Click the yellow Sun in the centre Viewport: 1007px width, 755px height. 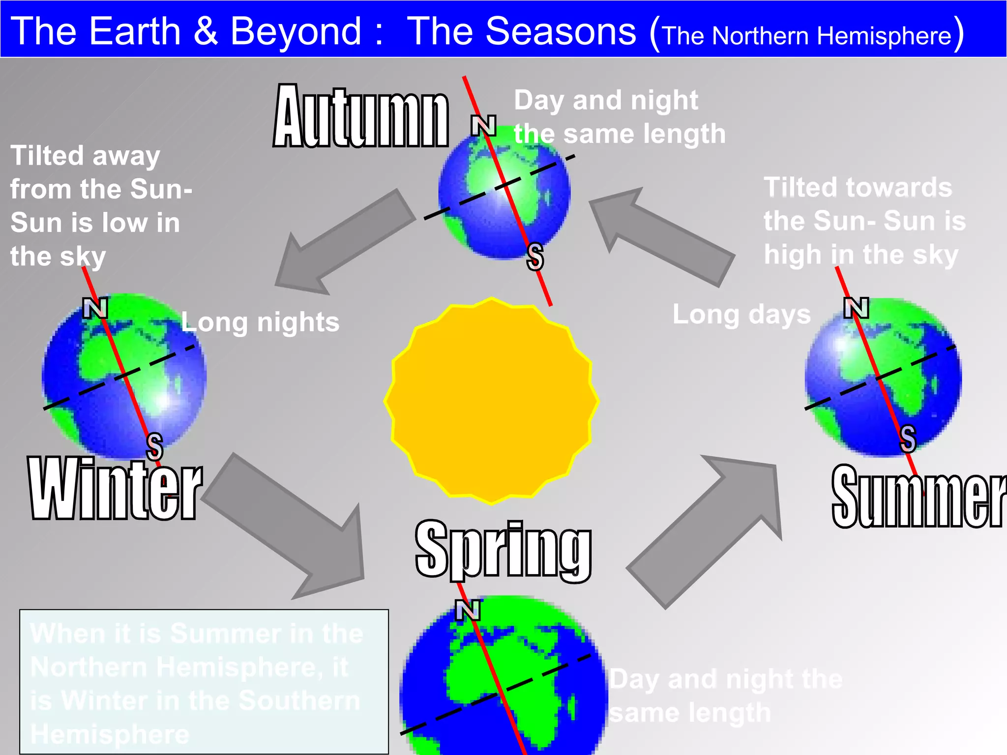pyautogui.click(x=491, y=401)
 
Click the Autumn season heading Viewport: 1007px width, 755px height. pyautogui.click(x=361, y=117)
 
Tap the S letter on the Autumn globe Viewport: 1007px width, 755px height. pyautogui.click(x=535, y=257)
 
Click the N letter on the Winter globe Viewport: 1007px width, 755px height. pyautogui.click(x=95, y=308)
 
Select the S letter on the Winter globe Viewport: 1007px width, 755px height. pyautogui.click(x=154, y=446)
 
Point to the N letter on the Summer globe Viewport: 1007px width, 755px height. pyautogui.click(x=856, y=308)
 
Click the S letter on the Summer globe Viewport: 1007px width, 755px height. pyautogui.click(x=908, y=439)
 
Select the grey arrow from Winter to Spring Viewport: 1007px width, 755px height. pyautogui.click(x=290, y=526)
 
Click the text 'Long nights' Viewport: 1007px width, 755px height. pyautogui.click(x=260, y=323)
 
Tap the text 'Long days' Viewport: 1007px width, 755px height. pyautogui.click(x=741, y=315)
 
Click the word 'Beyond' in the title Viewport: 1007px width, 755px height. pyautogui.click(x=296, y=31)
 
